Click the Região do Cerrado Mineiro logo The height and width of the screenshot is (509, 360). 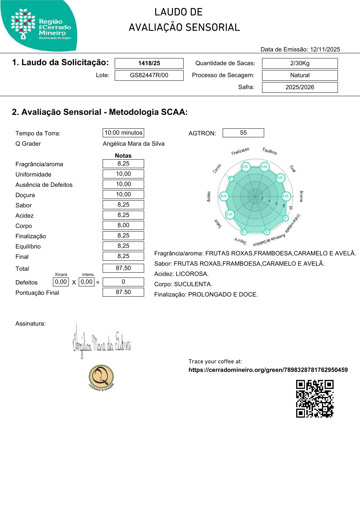click(x=39, y=26)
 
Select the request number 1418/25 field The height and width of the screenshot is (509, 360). click(x=149, y=63)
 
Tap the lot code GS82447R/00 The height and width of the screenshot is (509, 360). click(x=149, y=75)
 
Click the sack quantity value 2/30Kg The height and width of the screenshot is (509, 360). click(x=300, y=63)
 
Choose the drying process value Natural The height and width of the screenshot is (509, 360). click(x=300, y=75)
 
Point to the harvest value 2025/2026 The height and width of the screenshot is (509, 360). click(x=300, y=87)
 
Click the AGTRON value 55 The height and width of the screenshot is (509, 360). click(x=243, y=133)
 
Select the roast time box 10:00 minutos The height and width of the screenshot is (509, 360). click(x=123, y=133)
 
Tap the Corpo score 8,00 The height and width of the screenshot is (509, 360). click(x=123, y=225)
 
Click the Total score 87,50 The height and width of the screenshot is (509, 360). click(x=123, y=268)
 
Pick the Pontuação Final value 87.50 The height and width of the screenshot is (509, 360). click(x=123, y=292)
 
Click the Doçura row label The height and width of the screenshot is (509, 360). click(x=25, y=195)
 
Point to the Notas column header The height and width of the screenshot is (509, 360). click(x=123, y=156)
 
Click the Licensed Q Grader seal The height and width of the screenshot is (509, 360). click(x=101, y=377)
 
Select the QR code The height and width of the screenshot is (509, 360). click(x=315, y=399)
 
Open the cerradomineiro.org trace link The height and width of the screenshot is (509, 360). click(x=268, y=370)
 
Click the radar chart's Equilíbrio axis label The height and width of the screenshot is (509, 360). click(x=270, y=151)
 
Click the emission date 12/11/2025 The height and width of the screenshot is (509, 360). click(x=325, y=50)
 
